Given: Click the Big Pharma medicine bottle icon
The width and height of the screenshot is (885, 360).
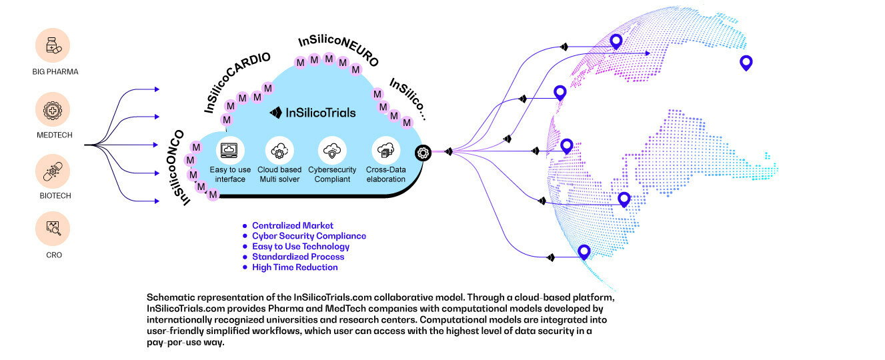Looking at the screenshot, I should click(x=53, y=45).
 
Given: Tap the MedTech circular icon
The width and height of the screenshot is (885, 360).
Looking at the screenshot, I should click(x=53, y=111).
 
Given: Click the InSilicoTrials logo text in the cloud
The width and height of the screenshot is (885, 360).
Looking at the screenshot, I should click(x=313, y=113).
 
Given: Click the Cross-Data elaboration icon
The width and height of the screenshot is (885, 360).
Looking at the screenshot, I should click(x=384, y=150).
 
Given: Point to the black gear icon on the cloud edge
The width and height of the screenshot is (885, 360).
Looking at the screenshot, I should click(x=422, y=153).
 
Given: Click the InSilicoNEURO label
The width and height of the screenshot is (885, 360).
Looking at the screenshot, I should click(x=338, y=51).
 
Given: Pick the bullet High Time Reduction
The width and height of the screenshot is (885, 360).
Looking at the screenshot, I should click(x=294, y=267).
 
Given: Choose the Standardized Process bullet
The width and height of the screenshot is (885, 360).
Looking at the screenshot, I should click(x=298, y=257).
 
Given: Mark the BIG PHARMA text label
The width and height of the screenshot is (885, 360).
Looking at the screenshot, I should click(x=53, y=71).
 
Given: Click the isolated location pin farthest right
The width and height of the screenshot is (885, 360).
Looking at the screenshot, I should click(x=746, y=63).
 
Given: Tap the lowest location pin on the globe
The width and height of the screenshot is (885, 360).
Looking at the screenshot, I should click(x=584, y=251).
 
